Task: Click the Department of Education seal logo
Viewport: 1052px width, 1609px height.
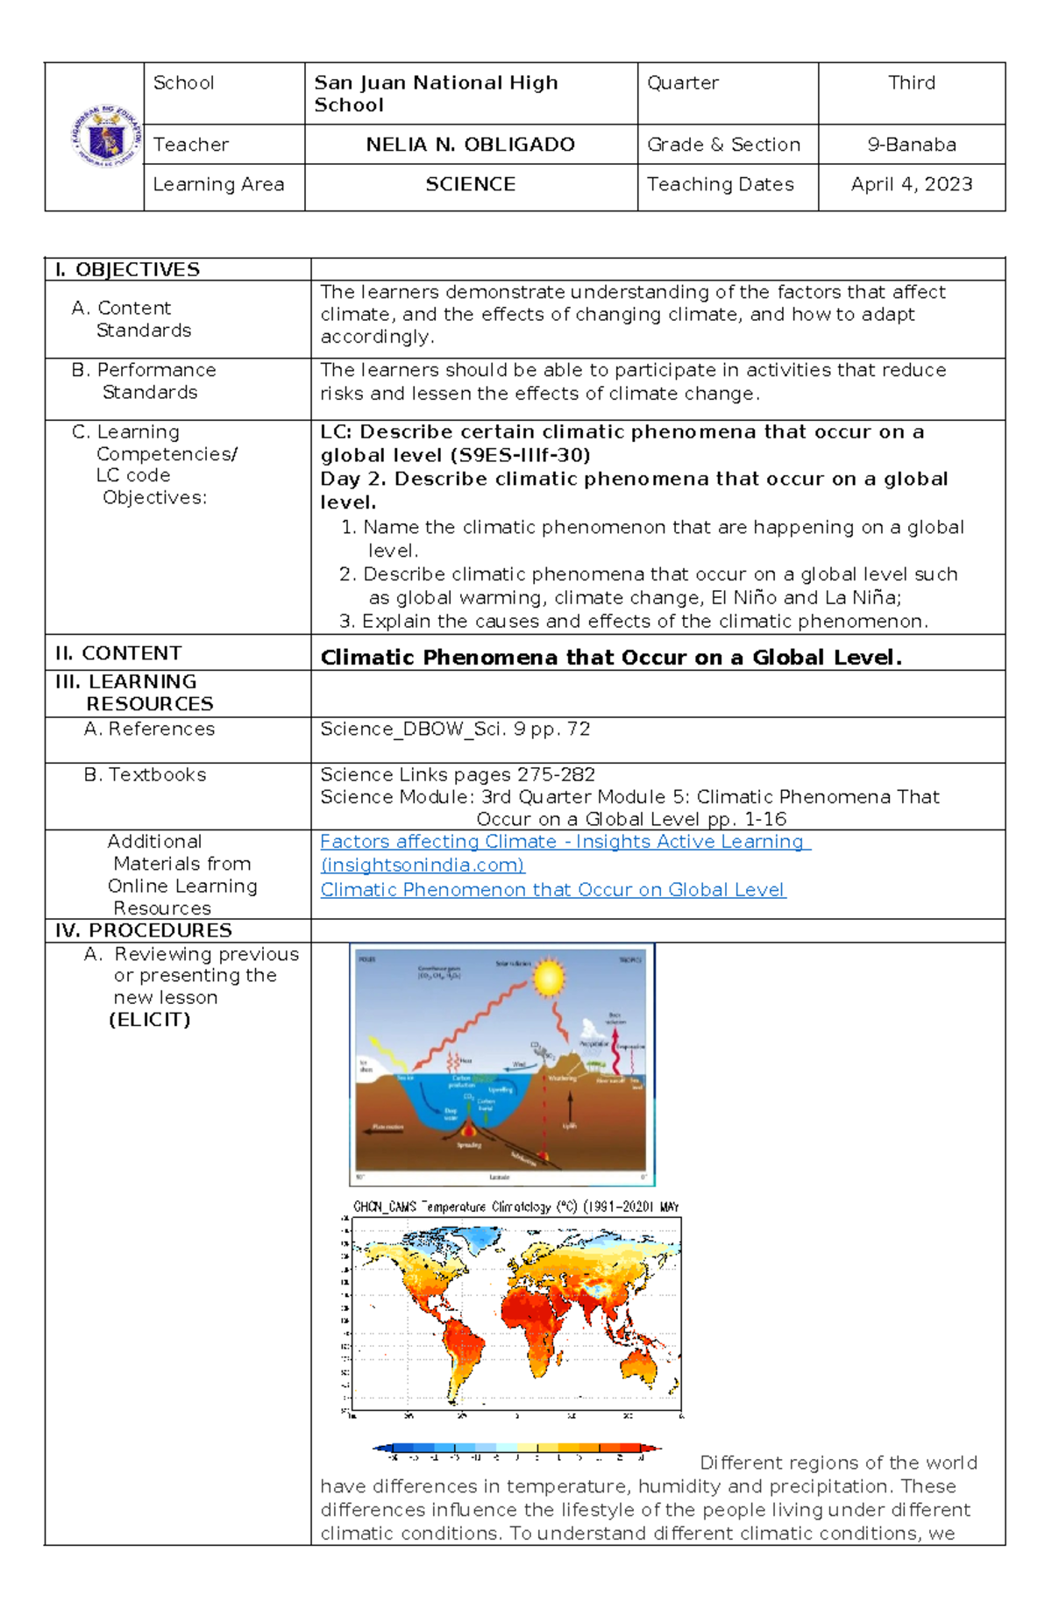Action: [105, 137]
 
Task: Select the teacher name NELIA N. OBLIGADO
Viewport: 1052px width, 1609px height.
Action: [470, 145]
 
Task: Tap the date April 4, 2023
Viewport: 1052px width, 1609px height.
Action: [911, 184]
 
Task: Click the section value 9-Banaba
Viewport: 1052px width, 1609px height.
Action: [911, 145]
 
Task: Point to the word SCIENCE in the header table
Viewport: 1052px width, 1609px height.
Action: [470, 184]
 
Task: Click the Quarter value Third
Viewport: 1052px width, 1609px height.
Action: [911, 83]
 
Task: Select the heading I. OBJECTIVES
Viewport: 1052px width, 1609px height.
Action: [127, 270]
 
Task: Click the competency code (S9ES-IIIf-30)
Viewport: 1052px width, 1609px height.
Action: [520, 455]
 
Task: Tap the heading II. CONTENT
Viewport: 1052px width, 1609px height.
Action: [117, 653]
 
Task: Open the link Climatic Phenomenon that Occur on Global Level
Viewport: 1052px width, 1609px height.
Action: [552, 890]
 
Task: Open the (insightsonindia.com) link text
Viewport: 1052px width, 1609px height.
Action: [422, 865]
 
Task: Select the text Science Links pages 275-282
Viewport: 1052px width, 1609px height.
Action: [457, 775]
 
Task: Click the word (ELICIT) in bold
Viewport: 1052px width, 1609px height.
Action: [149, 1020]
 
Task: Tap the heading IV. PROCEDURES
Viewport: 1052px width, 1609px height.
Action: [143, 930]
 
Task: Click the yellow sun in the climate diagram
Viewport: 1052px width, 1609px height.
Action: [549, 978]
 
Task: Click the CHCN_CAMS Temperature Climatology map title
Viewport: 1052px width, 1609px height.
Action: [515, 1207]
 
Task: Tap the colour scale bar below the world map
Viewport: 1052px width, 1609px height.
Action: [517, 1449]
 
